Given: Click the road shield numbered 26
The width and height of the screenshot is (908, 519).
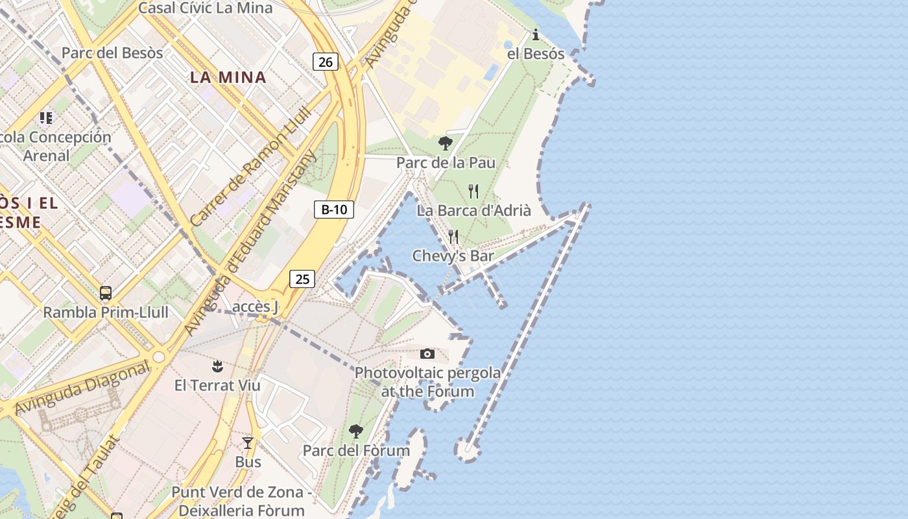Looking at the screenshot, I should click(326, 62).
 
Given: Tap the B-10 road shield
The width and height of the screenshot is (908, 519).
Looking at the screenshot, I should click(334, 210).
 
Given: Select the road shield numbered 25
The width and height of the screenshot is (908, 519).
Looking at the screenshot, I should click(302, 279).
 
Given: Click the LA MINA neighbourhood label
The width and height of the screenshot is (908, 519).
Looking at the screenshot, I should click(228, 77).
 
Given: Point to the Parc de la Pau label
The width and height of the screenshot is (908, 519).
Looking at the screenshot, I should click(446, 162).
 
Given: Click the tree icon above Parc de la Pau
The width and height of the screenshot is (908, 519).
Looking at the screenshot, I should click(445, 143).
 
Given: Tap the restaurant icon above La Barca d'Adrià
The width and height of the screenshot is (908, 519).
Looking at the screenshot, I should click(473, 191).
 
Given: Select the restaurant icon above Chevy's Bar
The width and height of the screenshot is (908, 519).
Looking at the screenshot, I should click(453, 237).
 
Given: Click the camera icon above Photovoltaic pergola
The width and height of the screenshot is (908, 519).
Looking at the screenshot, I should click(427, 354).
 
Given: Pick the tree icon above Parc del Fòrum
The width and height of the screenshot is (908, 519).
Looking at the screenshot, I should click(355, 431).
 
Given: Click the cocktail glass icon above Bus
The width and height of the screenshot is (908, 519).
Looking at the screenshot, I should click(248, 443).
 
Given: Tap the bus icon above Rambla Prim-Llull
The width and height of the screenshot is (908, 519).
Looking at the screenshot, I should click(106, 293).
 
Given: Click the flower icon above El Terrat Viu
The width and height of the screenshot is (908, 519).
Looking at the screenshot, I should click(217, 367).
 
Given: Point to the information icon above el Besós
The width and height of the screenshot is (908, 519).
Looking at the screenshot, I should click(536, 35).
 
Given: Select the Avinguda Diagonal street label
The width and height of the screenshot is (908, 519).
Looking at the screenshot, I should click(82, 388).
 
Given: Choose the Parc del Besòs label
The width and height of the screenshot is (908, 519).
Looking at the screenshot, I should click(112, 53).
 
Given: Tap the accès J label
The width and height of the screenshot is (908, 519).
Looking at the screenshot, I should click(255, 306).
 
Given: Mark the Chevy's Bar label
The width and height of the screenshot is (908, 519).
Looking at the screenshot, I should click(453, 256).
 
